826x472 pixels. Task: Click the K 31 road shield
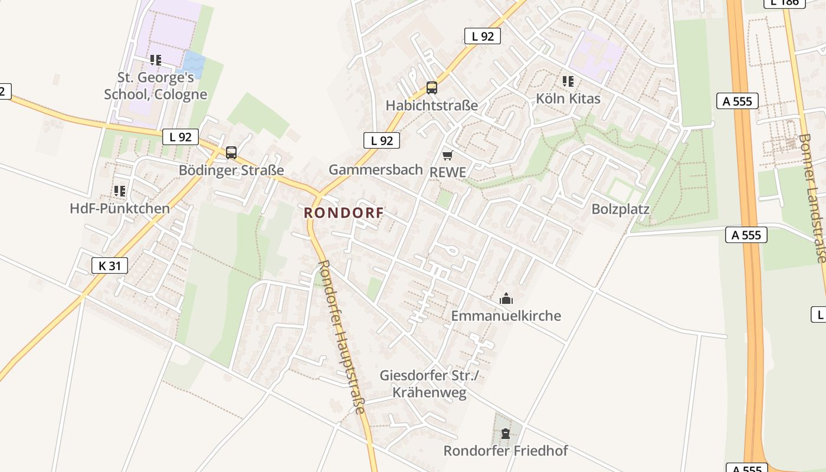110,265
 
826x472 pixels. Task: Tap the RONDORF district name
343,213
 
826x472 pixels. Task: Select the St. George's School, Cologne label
156,86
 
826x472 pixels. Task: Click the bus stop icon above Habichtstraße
432,88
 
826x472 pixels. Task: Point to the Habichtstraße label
432,106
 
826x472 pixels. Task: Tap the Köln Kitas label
568,99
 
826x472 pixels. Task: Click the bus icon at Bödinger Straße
231,153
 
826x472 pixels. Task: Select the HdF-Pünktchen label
120,208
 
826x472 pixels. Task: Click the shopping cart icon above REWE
448,155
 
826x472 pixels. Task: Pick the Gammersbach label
376,170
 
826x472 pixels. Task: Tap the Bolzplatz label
620,209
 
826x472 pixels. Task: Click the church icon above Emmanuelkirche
506,299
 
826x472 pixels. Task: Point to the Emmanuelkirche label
506,316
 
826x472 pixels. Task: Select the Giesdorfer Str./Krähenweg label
430,384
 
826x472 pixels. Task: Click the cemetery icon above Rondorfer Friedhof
505,434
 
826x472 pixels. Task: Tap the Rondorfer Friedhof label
505,451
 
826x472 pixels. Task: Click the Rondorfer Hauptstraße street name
342,336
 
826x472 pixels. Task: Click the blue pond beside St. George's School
194,61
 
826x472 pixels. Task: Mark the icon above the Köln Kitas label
568,81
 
